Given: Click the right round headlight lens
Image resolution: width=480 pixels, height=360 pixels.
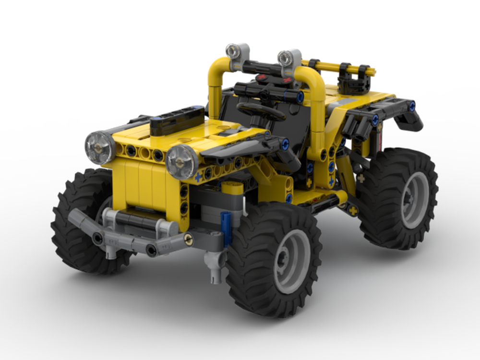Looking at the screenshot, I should [182, 162].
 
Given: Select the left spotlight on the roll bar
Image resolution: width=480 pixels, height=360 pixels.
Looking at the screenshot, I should [234, 50].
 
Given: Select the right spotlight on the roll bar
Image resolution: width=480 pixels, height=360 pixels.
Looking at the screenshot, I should [286, 58].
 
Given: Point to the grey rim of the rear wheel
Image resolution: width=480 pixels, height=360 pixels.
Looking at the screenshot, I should [415, 200].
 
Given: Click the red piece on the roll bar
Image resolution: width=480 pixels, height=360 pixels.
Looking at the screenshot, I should [262, 77].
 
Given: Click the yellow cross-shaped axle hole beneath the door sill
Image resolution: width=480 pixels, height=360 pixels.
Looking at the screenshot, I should [353, 210].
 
